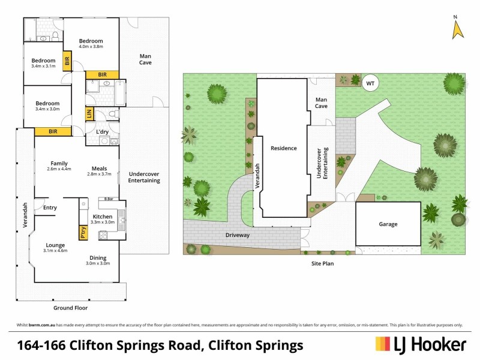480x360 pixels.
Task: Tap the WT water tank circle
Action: pos(370,83)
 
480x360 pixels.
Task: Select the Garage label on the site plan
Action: pos(388,224)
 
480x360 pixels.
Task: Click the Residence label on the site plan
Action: pos(284,148)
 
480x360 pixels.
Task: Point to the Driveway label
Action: pos(238,235)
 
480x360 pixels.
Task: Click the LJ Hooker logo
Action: pos(421,344)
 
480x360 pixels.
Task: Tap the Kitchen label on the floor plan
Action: pos(103,217)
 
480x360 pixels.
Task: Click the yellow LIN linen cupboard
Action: pos(89,114)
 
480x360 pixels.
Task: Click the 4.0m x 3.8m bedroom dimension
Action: pos(91,46)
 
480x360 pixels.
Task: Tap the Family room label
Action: pos(59,163)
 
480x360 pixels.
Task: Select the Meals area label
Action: pos(100,169)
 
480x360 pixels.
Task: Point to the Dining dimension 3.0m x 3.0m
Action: pos(98,263)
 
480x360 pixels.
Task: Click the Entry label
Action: pos(50,208)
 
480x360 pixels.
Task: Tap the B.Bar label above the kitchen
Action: pos(109,199)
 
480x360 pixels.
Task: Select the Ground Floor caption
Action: pos(70,308)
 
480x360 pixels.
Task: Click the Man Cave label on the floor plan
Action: pos(145,59)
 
